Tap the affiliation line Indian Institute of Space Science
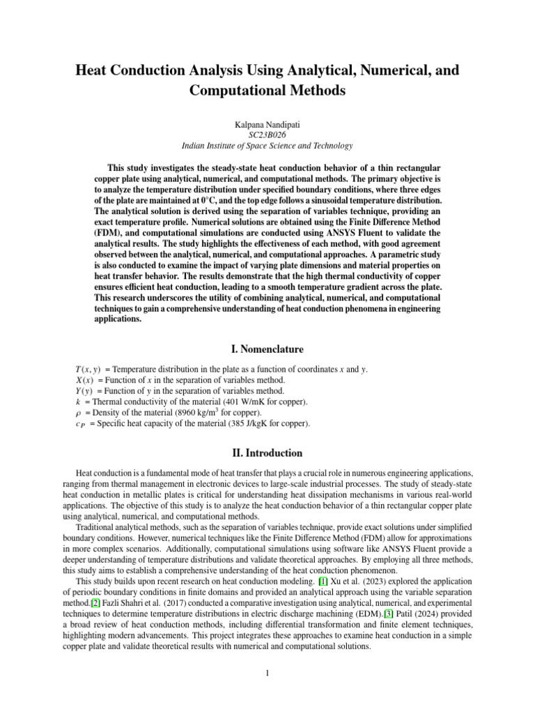267,146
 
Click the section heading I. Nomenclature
267,349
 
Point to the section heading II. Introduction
267,453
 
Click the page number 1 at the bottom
267,674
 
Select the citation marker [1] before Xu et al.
323,580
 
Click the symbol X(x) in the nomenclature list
84,380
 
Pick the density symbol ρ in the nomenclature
77,413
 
